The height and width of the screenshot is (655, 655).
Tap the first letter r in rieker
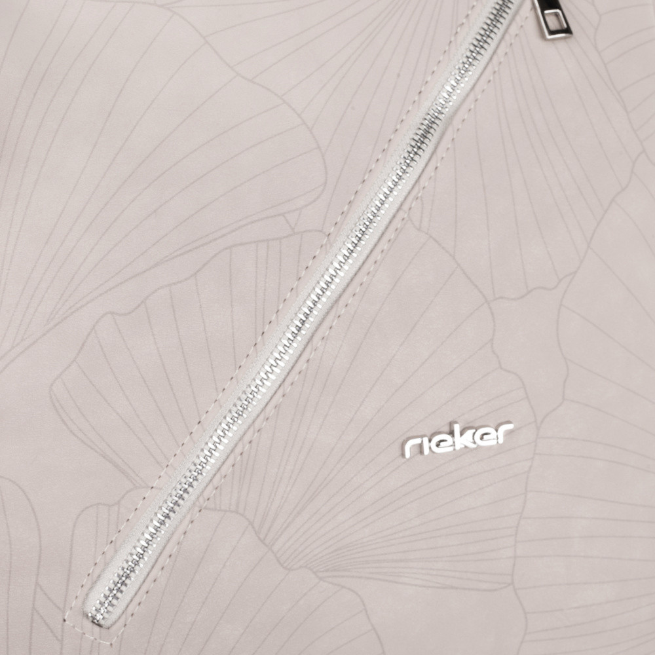(411, 449)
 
